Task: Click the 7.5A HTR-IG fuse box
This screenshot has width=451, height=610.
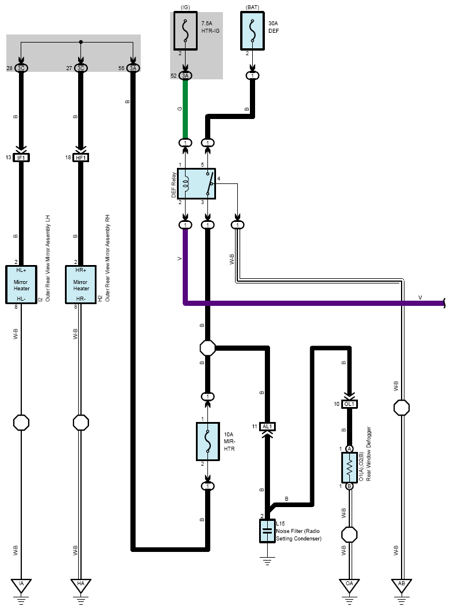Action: tap(186, 31)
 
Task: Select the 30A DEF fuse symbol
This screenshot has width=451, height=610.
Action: tap(252, 31)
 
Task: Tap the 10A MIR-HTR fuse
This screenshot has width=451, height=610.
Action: tap(208, 442)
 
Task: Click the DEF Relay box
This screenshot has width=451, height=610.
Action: tap(196, 183)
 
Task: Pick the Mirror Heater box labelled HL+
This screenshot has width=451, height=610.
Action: tap(21, 285)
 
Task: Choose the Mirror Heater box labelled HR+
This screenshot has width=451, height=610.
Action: tap(81, 285)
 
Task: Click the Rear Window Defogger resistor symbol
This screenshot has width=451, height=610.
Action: tap(349, 467)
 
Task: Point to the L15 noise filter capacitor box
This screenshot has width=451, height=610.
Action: tap(267, 531)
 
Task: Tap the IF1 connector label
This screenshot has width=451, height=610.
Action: tap(21, 158)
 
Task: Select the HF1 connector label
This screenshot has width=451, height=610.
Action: tap(81, 158)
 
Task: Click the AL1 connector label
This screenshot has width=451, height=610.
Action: tap(267, 427)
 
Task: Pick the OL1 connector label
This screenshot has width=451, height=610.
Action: tap(349, 404)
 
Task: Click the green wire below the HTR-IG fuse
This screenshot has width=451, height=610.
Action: tap(186, 109)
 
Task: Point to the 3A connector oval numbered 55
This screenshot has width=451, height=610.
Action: tap(133, 68)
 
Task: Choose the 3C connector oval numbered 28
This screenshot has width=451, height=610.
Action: tap(21, 68)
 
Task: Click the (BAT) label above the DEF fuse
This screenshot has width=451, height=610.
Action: tap(252, 7)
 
